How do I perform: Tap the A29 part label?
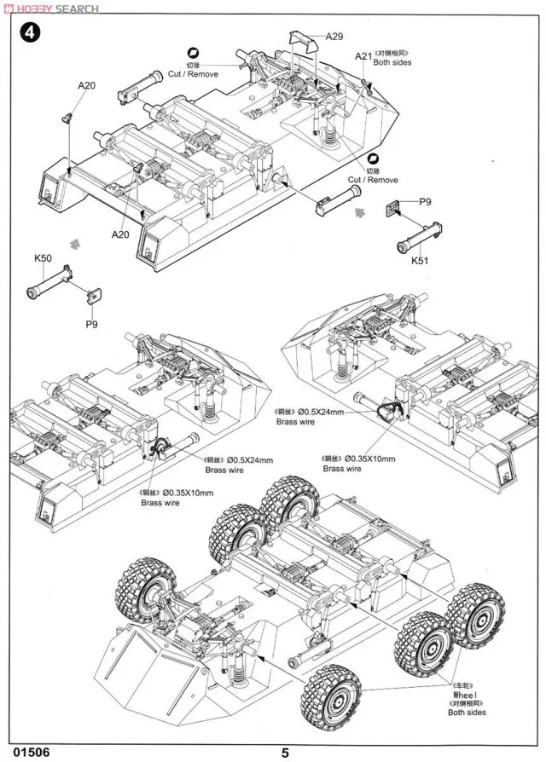click(x=334, y=36)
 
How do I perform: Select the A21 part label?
click(x=363, y=57)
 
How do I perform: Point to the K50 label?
click(x=44, y=258)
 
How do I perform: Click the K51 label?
click(x=419, y=261)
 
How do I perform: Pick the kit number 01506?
click(x=30, y=752)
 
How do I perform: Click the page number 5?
click(x=286, y=752)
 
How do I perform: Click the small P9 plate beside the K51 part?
click(x=396, y=208)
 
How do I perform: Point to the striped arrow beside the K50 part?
click(x=78, y=243)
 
